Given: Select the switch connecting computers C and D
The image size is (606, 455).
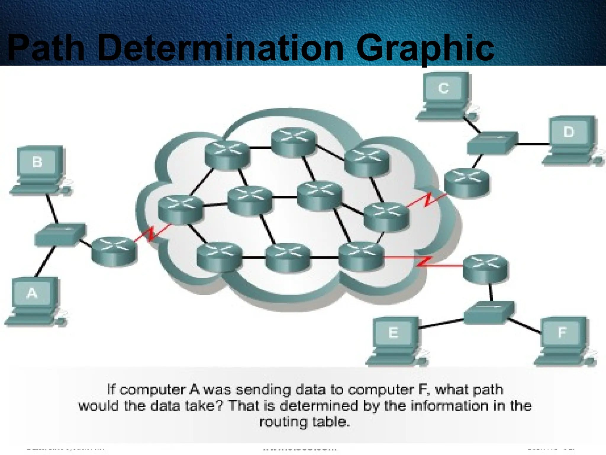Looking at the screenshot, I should [492, 143].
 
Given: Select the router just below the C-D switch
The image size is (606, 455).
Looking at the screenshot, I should [467, 183].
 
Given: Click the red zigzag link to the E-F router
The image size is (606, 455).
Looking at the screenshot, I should [423, 262].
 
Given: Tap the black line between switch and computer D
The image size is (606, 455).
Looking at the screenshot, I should [533, 144].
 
